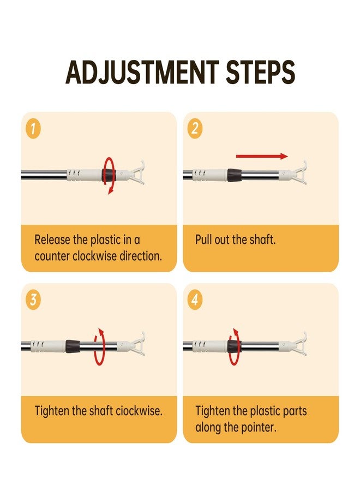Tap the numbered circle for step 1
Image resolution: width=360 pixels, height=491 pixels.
click(33, 129)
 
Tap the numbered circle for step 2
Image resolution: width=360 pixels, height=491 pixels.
click(195, 129)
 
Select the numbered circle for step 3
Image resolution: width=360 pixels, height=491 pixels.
click(33, 300)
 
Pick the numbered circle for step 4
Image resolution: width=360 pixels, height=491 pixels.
click(195, 300)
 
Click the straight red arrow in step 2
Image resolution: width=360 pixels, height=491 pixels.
click(262, 156)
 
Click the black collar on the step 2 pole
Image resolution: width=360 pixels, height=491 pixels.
click(234, 175)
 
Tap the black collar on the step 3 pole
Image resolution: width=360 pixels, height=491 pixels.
click(73, 346)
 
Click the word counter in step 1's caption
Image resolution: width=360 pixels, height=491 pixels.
click(52, 256)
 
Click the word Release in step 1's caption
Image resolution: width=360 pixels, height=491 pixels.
click(52, 240)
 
